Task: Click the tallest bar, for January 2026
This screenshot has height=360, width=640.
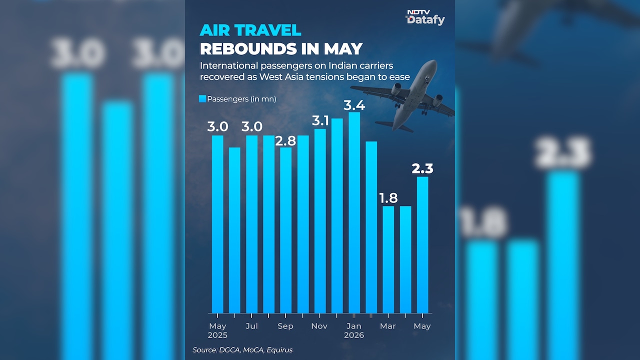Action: pyautogui.click(x=354, y=212)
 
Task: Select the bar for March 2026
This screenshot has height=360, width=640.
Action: pyautogui.click(x=388, y=259)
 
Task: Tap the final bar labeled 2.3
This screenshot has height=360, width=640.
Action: pyautogui.click(x=422, y=245)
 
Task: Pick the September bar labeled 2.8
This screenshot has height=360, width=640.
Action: pyautogui.click(x=285, y=230)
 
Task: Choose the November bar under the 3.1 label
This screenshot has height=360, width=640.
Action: pyautogui.click(x=320, y=221)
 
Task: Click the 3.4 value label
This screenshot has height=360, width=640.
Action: pyautogui.click(x=354, y=105)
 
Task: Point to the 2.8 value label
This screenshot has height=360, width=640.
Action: pyautogui.click(x=285, y=141)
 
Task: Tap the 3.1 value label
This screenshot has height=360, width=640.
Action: pyautogui.click(x=320, y=121)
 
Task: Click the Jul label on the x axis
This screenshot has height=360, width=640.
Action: pyautogui.click(x=251, y=326)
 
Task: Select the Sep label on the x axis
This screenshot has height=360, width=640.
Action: pyautogui.click(x=285, y=326)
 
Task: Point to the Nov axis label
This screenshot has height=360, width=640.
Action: pyautogui.click(x=319, y=326)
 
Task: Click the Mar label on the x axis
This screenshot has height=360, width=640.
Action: pyautogui.click(x=387, y=326)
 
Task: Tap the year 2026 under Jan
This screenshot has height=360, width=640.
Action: pyautogui.click(x=354, y=335)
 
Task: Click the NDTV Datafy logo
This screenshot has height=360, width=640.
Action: pyautogui.click(x=425, y=17)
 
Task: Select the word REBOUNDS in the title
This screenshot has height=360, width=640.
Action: pyautogui.click(x=248, y=49)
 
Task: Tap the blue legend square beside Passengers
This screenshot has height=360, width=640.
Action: pyautogui.click(x=202, y=99)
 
